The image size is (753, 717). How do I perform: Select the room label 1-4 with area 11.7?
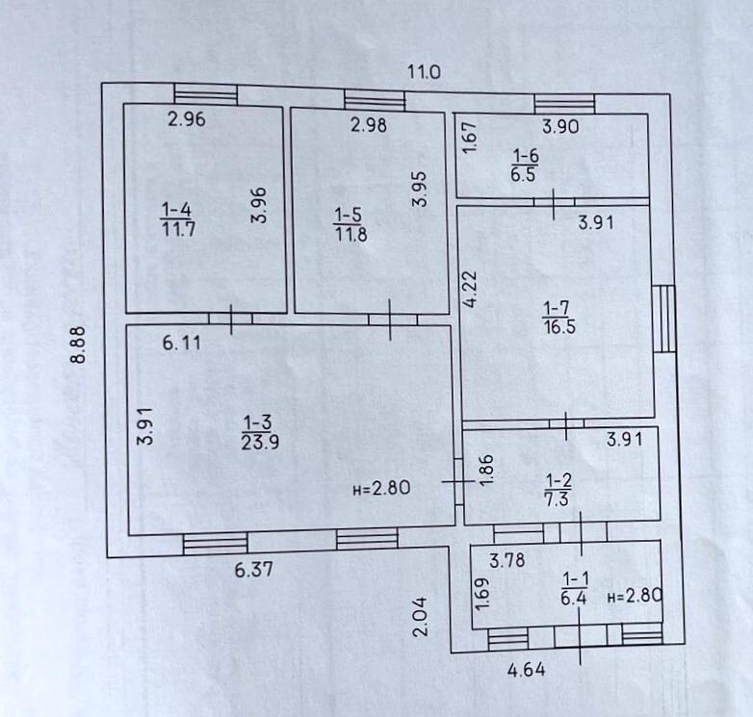click(176, 218)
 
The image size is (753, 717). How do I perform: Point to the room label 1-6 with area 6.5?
click(525, 165)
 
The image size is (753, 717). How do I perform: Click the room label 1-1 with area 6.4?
click(575, 586)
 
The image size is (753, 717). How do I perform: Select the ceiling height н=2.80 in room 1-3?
click(382, 488)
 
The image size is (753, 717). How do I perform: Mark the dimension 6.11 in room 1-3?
click(182, 342)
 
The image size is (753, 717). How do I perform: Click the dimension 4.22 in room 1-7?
click(471, 289)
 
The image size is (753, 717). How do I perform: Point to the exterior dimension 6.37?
click(254, 569)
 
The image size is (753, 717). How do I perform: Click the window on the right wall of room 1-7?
click(664, 319)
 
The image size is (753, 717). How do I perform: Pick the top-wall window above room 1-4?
click(205, 93)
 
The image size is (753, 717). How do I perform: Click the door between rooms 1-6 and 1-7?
click(554, 202)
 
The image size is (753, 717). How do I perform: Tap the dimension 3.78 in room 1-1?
click(507, 559)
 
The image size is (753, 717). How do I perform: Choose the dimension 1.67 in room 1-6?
click(471, 136)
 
